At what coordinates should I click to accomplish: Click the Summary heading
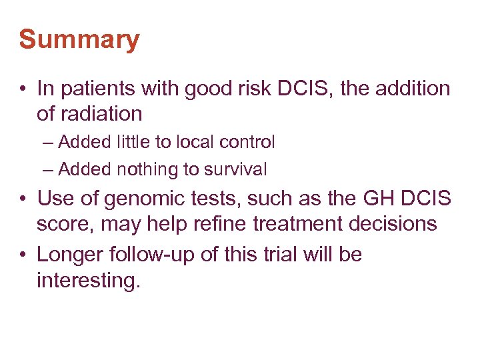coord(79,40)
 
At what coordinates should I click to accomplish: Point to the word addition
coord(407,89)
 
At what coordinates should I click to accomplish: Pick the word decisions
coord(398,224)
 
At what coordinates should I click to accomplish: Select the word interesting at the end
coord(88,281)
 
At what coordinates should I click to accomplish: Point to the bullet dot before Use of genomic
coord(24,199)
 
